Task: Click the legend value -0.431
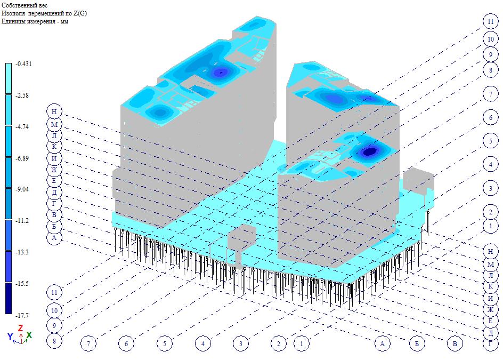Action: point(24,64)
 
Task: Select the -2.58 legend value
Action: point(22,95)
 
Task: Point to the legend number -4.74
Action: point(22,127)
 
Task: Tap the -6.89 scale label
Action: point(22,158)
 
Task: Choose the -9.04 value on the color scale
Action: point(22,189)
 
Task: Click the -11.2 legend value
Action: point(22,221)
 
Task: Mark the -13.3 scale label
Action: point(22,252)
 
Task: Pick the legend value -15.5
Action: point(22,284)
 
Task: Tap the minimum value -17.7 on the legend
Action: point(22,315)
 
